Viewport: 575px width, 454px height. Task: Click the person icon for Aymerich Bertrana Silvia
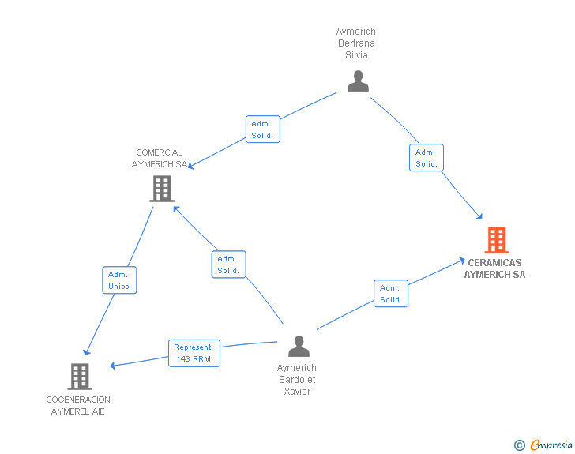click(x=358, y=81)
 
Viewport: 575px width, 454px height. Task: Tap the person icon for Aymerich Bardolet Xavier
click(x=299, y=346)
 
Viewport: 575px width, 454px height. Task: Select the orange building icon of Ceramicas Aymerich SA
click(x=496, y=239)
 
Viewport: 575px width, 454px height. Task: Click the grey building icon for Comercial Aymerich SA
click(x=162, y=188)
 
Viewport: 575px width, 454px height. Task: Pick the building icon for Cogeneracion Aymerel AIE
click(x=80, y=377)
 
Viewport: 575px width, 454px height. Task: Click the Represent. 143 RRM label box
click(x=194, y=353)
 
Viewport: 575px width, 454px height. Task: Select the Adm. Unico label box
click(x=118, y=280)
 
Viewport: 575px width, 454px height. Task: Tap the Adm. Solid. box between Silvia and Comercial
click(x=261, y=129)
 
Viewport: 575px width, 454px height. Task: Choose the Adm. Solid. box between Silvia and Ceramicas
click(x=427, y=158)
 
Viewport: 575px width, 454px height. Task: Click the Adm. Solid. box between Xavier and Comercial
click(x=228, y=265)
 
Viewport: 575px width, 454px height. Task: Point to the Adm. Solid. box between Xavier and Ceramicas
click(x=391, y=294)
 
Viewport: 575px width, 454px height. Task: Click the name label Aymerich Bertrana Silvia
click(x=356, y=43)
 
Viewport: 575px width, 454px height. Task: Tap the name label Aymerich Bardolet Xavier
click(x=297, y=380)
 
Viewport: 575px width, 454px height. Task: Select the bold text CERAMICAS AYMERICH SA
click(x=494, y=268)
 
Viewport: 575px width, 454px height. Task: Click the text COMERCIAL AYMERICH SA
click(x=160, y=159)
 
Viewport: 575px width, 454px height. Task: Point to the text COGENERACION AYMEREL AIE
click(x=78, y=406)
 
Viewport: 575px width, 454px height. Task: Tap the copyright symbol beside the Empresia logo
click(x=520, y=445)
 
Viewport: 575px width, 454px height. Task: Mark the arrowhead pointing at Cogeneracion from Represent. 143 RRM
click(x=113, y=366)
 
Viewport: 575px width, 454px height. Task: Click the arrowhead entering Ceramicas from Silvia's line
click(x=479, y=216)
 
